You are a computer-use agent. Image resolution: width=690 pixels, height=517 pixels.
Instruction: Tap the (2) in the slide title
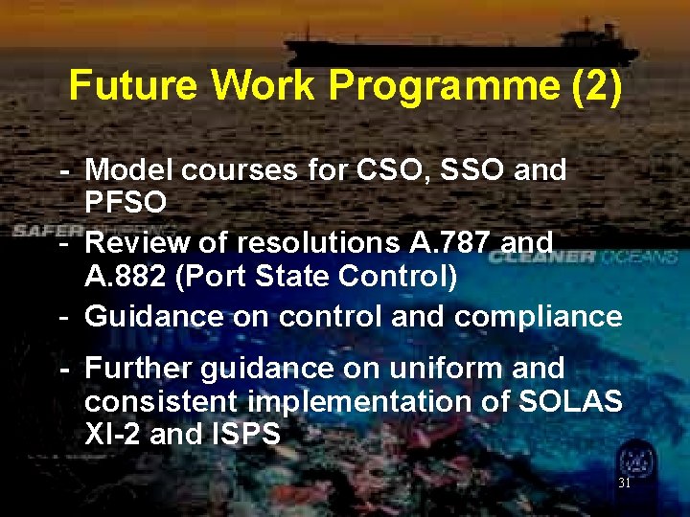click(x=596, y=86)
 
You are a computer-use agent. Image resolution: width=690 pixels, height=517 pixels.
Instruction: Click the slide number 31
click(x=624, y=483)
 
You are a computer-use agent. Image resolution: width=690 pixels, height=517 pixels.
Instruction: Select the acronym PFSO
click(x=126, y=202)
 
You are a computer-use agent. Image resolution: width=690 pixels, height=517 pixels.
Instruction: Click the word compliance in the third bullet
click(x=538, y=316)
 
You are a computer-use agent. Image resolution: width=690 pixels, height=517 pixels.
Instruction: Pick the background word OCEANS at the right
click(x=645, y=257)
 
